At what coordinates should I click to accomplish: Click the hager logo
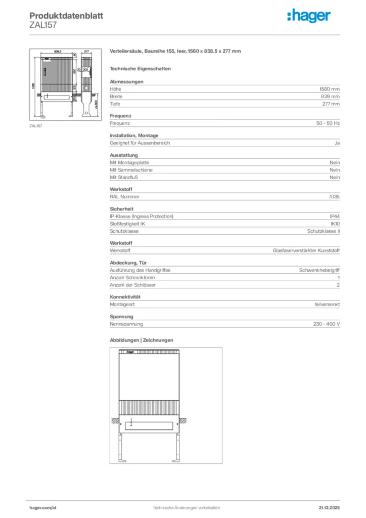click(309, 16)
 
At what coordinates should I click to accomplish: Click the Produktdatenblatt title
click(66, 16)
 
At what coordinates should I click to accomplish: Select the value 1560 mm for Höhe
click(330, 89)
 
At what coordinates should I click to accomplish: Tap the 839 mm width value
click(330, 96)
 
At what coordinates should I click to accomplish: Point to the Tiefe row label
click(115, 104)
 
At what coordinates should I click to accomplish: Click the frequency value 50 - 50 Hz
click(328, 123)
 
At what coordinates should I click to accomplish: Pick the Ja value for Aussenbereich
click(337, 143)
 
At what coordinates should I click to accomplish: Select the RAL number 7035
click(334, 196)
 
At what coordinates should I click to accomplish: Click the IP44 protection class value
click(335, 217)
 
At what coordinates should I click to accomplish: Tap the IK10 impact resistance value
click(335, 224)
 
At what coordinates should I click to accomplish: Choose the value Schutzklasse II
click(324, 231)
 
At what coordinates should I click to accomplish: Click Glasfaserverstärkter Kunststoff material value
click(306, 250)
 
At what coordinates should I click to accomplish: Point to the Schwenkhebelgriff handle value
click(319, 270)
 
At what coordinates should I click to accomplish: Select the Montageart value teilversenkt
click(327, 305)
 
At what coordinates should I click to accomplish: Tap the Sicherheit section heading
click(121, 208)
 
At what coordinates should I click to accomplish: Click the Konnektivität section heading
click(125, 296)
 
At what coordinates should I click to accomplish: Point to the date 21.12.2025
click(329, 507)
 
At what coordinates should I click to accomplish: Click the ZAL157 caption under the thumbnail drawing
click(35, 126)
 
